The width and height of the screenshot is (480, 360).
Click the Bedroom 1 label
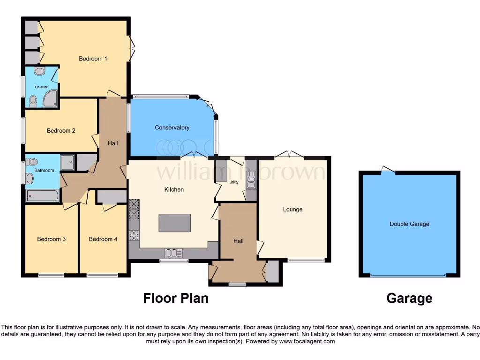click(x=93, y=59)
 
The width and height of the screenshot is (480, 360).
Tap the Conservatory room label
click(x=172, y=127)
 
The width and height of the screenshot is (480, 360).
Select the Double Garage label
click(x=409, y=224)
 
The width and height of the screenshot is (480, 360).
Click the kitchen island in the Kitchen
click(x=174, y=223)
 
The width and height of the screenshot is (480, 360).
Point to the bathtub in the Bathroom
click(x=42, y=195)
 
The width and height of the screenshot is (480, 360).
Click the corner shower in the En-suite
click(x=51, y=98)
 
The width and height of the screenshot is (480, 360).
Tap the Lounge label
click(x=292, y=209)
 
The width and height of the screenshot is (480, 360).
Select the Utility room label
click(x=234, y=182)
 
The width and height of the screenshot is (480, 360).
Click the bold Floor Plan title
click(x=176, y=298)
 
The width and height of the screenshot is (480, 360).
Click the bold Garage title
click(x=409, y=298)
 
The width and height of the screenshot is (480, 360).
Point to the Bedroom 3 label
click(x=51, y=239)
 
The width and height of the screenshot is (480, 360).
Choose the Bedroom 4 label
click(x=103, y=239)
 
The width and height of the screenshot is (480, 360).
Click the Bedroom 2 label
click(x=61, y=131)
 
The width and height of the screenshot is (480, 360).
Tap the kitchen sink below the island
click(x=173, y=253)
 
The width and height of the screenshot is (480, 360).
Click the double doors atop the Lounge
click(x=289, y=155)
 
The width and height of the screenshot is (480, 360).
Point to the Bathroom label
click(x=44, y=170)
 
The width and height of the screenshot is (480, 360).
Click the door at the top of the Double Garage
click(x=388, y=170)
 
